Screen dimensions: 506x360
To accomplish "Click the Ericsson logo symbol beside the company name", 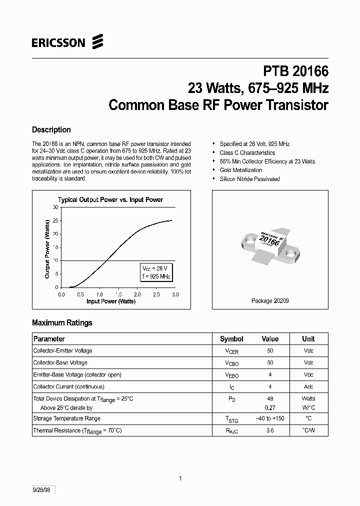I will pos(97,42).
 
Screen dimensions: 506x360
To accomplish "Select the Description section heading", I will pos(51,130).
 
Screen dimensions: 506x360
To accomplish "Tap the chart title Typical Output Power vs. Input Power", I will pos(110,199).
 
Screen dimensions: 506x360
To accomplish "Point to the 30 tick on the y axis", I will pos(55,207).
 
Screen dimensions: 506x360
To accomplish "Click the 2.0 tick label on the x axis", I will pos(137,294).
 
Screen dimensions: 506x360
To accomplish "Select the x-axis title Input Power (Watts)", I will pos(111,301).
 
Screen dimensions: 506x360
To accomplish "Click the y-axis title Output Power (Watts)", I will pos(47,248).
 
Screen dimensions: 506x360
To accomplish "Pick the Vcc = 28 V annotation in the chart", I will pos(155,268).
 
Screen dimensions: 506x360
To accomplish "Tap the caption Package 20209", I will pos(270,301).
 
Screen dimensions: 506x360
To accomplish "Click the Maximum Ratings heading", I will pos(62,323).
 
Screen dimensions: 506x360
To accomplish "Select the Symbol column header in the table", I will pos(231,339).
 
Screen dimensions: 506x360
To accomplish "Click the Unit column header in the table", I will pos(308,339).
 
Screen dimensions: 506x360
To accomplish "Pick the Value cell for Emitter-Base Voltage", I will pos(270,374).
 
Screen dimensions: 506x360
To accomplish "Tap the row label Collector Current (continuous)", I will pos(68,386).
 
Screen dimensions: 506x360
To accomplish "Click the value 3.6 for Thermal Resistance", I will pos(270,430).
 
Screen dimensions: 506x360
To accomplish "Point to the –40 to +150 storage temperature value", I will pos(270,418).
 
